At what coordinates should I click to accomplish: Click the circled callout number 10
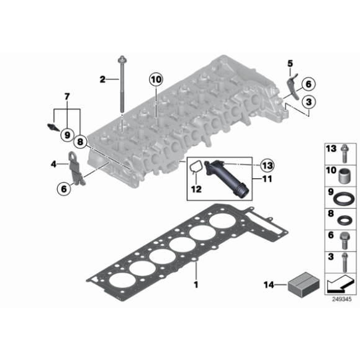[156, 79]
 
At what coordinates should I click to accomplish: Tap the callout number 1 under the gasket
[196, 285]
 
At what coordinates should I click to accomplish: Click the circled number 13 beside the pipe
[268, 165]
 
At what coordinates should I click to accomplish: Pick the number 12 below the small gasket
[196, 189]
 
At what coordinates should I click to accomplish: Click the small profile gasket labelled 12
[196, 166]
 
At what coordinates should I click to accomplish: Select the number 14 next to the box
[269, 285]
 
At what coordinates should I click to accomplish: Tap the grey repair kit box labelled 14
[304, 284]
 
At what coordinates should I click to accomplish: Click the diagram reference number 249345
[341, 299]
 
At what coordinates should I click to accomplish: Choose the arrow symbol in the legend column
[340, 284]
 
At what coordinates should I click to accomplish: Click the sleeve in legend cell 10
[344, 176]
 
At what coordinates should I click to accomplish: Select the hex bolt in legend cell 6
[344, 240]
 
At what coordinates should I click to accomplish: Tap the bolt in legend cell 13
[344, 153]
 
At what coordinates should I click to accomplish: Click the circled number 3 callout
[308, 102]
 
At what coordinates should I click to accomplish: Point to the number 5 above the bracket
[290, 63]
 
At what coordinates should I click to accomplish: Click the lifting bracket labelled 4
[76, 168]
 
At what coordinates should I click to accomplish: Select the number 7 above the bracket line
[67, 97]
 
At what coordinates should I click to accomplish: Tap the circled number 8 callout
[80, 142]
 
